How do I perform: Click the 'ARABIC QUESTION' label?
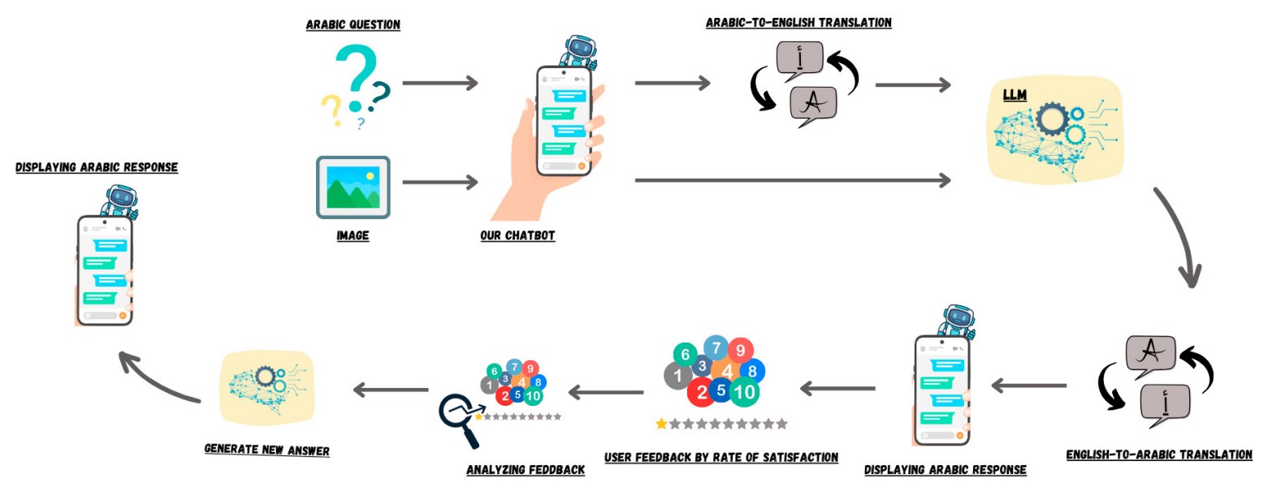tap(353, 24)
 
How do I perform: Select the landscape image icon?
tap(353, 187)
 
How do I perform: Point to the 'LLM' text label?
tap(1015, 96)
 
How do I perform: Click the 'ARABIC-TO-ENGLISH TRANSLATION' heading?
tap(798, 23)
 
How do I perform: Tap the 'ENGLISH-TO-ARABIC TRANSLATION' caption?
tap(1159, 455)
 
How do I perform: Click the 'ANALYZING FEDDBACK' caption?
tap(526, 469)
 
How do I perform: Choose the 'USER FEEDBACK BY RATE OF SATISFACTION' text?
tap(721, 457)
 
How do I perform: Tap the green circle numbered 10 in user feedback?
tap(744, 392)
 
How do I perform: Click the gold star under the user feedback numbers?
tap(661, 424)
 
